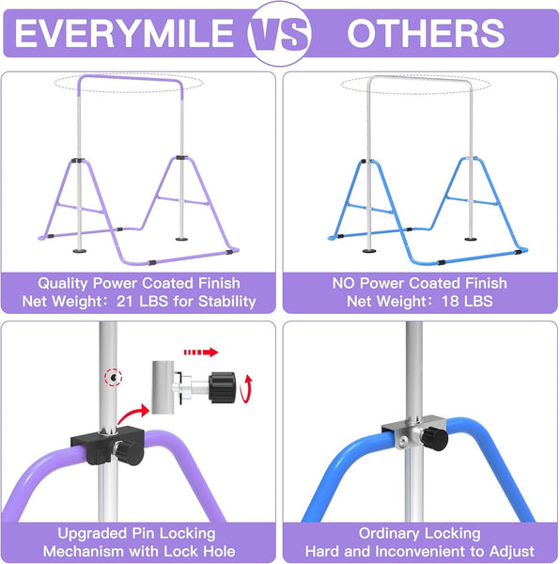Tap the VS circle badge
280,35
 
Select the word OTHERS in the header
426,34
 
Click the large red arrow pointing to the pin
135,410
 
